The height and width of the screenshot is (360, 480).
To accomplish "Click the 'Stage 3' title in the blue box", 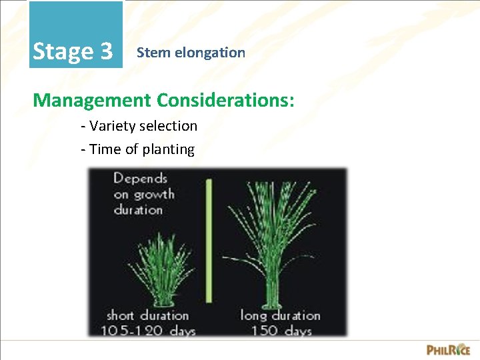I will pyautogui.click(x=73, y=51).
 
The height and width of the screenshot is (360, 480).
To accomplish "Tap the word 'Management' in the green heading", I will pyautogui.click(x=92, y=100).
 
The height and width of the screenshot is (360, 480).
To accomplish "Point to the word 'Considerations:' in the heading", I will pyautogui.click(x=225, y=100).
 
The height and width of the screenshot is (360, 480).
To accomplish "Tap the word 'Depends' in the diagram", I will pyautogui.click(x=140, y=179).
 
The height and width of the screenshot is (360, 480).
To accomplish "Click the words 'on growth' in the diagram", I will pyautogui.click(x=144, y=194).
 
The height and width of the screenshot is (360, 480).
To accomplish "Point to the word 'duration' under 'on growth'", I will pyautogui.click(x=138, y=209).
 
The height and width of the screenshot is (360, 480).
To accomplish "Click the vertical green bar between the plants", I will pyautogui.click(x=208, y=240).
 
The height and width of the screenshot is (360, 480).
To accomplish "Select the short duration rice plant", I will pyautogui.click(x=159, y=273).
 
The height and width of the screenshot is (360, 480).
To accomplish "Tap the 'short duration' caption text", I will pyautogui.click(x=147, y=315).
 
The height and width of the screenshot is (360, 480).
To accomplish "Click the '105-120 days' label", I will pyautogui.click(x=147, y=329).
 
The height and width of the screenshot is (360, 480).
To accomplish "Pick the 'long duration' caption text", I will pyautogui.click(x=280, y=315).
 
